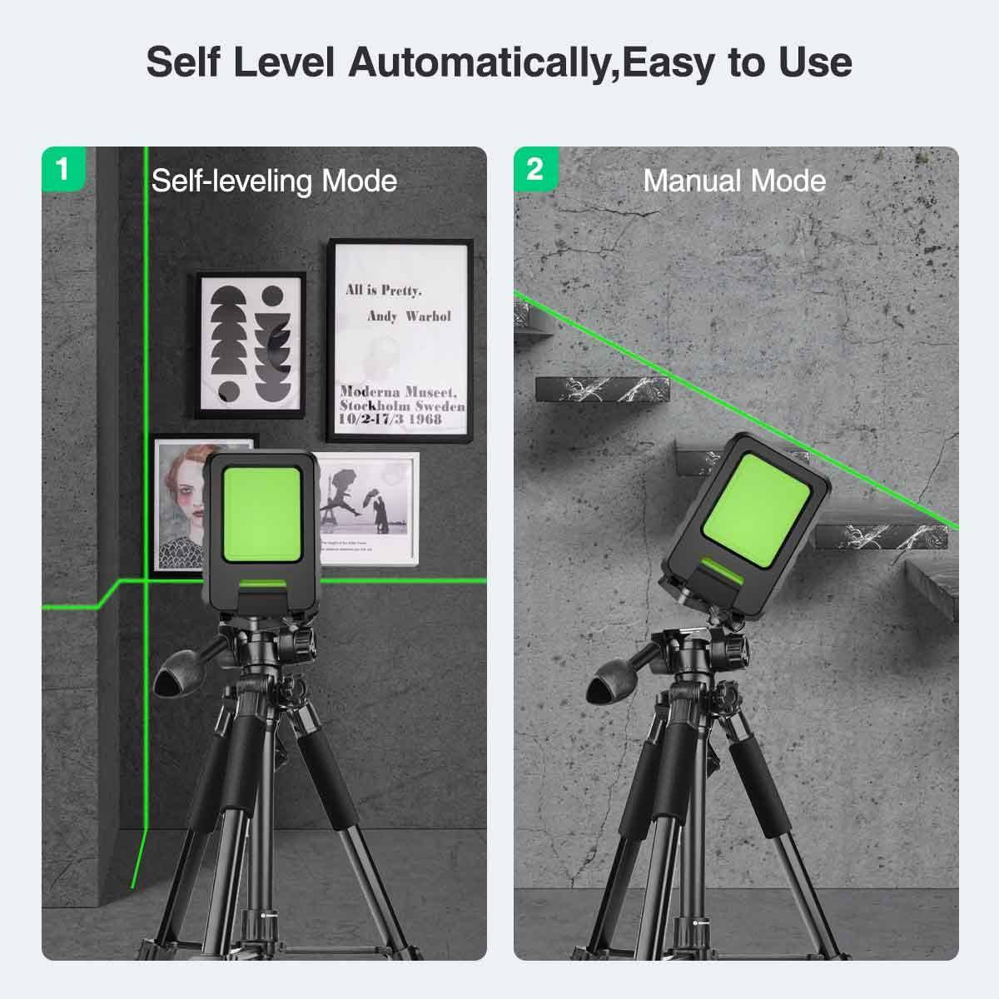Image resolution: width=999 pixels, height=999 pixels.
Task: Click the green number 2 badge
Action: coord(534,168)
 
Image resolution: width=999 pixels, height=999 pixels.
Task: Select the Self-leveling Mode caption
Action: coord(274,181)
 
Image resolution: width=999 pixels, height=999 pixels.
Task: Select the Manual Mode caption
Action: coord(734,181)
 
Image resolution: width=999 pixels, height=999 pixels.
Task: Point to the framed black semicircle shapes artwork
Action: coord(251,345)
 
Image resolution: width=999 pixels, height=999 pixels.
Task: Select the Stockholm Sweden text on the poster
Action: coord(402,405)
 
